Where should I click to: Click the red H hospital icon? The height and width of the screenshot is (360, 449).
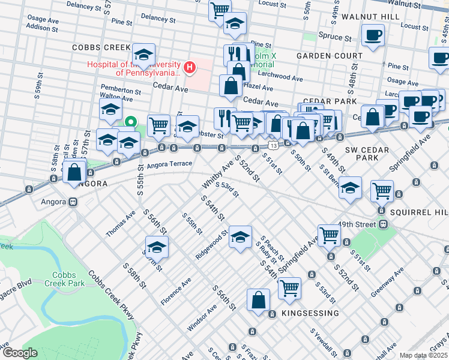[190, 66]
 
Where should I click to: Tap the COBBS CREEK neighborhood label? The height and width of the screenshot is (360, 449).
[101, 47]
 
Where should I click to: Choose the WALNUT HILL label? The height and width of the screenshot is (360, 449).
[366, 16]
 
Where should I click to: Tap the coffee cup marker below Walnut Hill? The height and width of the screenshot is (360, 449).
[373, 35]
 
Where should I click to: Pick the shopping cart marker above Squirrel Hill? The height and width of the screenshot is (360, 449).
[382, 191]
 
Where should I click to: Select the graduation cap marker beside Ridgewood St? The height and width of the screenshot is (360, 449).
[240, 238]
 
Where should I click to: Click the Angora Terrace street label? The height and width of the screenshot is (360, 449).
[169, 163]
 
